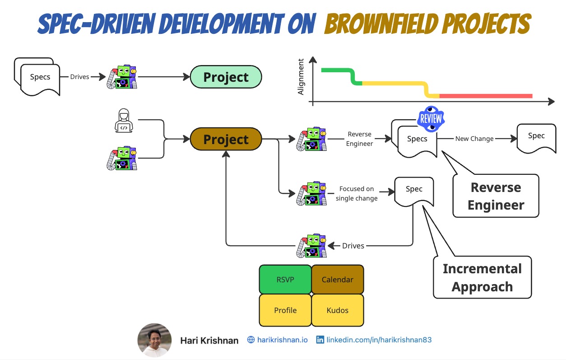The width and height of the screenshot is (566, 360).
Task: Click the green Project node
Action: tap(226, 77)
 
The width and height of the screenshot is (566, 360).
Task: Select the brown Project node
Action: tap(226, 139)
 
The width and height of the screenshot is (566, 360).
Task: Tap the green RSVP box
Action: tap(285, 280)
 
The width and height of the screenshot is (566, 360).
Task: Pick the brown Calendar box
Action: tap(338, 280)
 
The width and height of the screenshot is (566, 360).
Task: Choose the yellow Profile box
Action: tap(285, 310)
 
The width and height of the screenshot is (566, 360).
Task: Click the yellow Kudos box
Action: tap(338, 310)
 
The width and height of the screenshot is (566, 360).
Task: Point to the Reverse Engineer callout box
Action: tap(496, 196)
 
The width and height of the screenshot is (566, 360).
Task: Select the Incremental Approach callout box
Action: tap(482, 277)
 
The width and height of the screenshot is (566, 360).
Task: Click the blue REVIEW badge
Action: tap(431, 119)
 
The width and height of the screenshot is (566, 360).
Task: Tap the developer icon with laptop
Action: tap(123, 121)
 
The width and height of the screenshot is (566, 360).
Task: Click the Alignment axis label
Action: tap(301, 78)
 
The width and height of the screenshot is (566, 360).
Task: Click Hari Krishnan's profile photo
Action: tap(154, 340)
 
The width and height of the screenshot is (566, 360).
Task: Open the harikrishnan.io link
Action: tap(282, 340)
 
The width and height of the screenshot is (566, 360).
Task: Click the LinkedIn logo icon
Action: tap(320, 340)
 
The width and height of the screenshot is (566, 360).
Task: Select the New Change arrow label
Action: tap(474, 139)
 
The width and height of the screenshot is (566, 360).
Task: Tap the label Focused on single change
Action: tap(357, 193)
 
